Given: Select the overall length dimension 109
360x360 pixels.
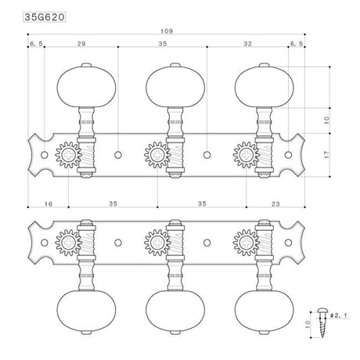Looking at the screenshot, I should tap(164, 31).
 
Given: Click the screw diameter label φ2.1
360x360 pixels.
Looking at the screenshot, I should tap(335, 315).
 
